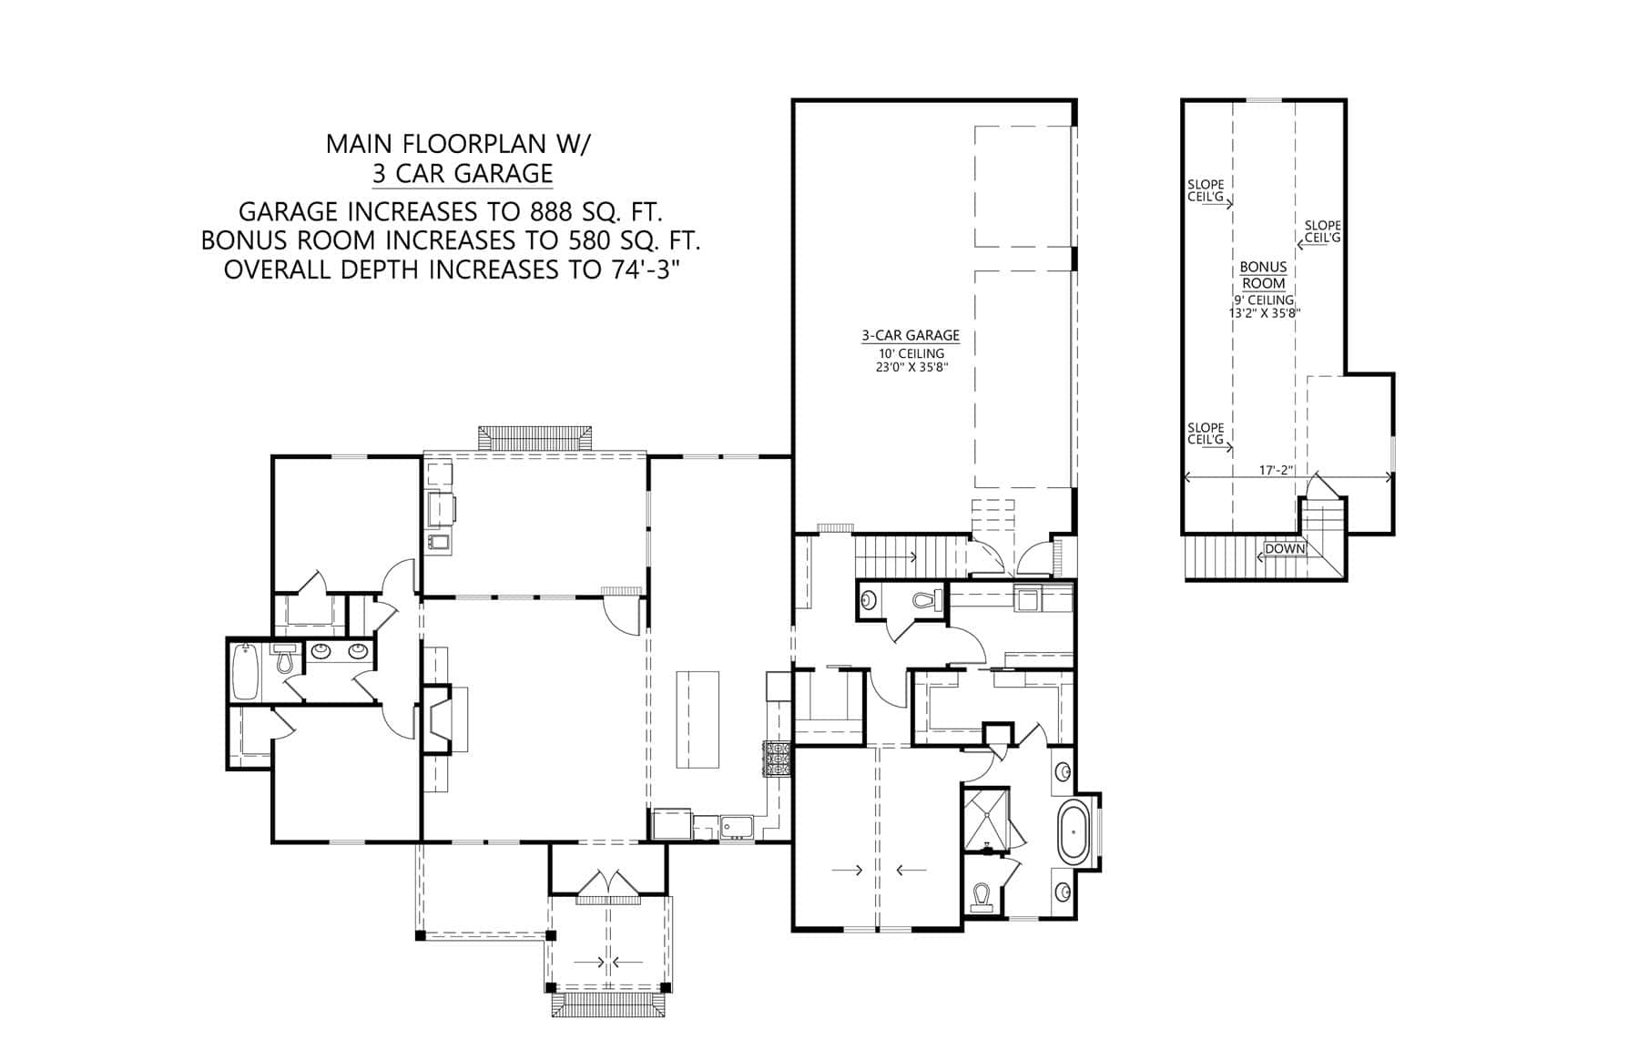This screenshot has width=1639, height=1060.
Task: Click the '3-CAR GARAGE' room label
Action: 910,335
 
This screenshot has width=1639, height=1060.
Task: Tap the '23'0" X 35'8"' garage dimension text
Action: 910,368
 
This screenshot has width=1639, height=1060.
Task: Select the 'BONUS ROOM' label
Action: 1263,275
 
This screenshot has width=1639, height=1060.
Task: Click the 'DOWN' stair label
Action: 1284,549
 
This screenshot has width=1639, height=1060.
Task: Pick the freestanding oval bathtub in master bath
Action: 1074,832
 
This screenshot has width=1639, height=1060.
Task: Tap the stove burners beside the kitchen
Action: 777,759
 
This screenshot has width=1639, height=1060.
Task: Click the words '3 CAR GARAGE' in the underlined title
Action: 462,173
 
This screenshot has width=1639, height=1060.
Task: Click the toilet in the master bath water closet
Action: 982,896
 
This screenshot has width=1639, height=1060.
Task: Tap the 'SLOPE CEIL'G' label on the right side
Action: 1322,231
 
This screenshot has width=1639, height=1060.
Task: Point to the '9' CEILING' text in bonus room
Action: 1263,300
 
